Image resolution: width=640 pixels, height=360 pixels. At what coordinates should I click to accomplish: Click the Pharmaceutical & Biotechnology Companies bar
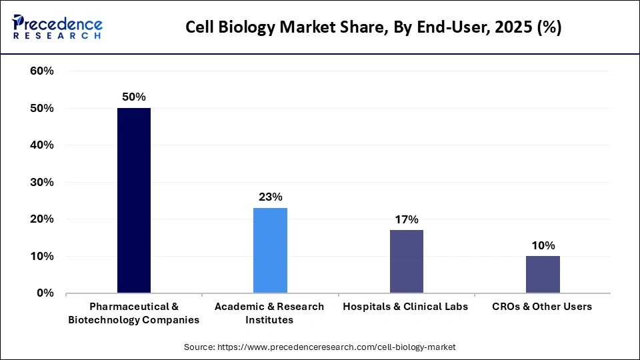134,200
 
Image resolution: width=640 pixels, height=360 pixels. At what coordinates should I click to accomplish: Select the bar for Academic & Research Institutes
270,250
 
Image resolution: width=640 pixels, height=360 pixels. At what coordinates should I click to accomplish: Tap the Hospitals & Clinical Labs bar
406,261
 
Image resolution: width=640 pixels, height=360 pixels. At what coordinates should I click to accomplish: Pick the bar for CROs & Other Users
543,274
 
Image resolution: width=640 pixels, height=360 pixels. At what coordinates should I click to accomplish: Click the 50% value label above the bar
134,97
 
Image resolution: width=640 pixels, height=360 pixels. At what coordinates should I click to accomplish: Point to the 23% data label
270,197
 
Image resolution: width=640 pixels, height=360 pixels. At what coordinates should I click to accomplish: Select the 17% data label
406,219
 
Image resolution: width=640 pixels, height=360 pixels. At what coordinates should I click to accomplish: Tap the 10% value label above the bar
543,245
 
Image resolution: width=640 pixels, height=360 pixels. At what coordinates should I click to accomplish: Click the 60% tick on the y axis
42,71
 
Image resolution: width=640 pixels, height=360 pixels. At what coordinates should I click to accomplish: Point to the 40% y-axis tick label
42,145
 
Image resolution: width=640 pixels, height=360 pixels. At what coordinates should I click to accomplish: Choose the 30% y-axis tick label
42,182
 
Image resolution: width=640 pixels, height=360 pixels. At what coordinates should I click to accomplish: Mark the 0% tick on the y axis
45,293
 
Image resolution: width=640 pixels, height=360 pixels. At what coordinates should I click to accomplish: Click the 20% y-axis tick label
42,219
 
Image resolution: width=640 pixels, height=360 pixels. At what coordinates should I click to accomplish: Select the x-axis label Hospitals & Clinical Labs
405,307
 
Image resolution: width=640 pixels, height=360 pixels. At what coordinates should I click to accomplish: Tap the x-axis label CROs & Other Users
542,307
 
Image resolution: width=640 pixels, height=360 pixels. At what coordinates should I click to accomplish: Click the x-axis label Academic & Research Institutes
269,313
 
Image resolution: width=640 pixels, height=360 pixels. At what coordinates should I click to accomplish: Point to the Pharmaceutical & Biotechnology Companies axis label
133,313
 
